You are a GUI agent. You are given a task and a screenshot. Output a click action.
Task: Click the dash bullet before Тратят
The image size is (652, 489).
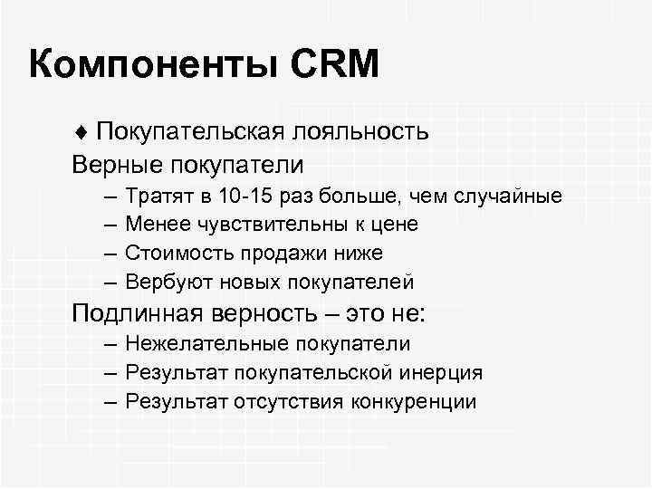pos(109,197)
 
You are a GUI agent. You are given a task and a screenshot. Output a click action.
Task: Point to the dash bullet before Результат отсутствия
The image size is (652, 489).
pos(109,400)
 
